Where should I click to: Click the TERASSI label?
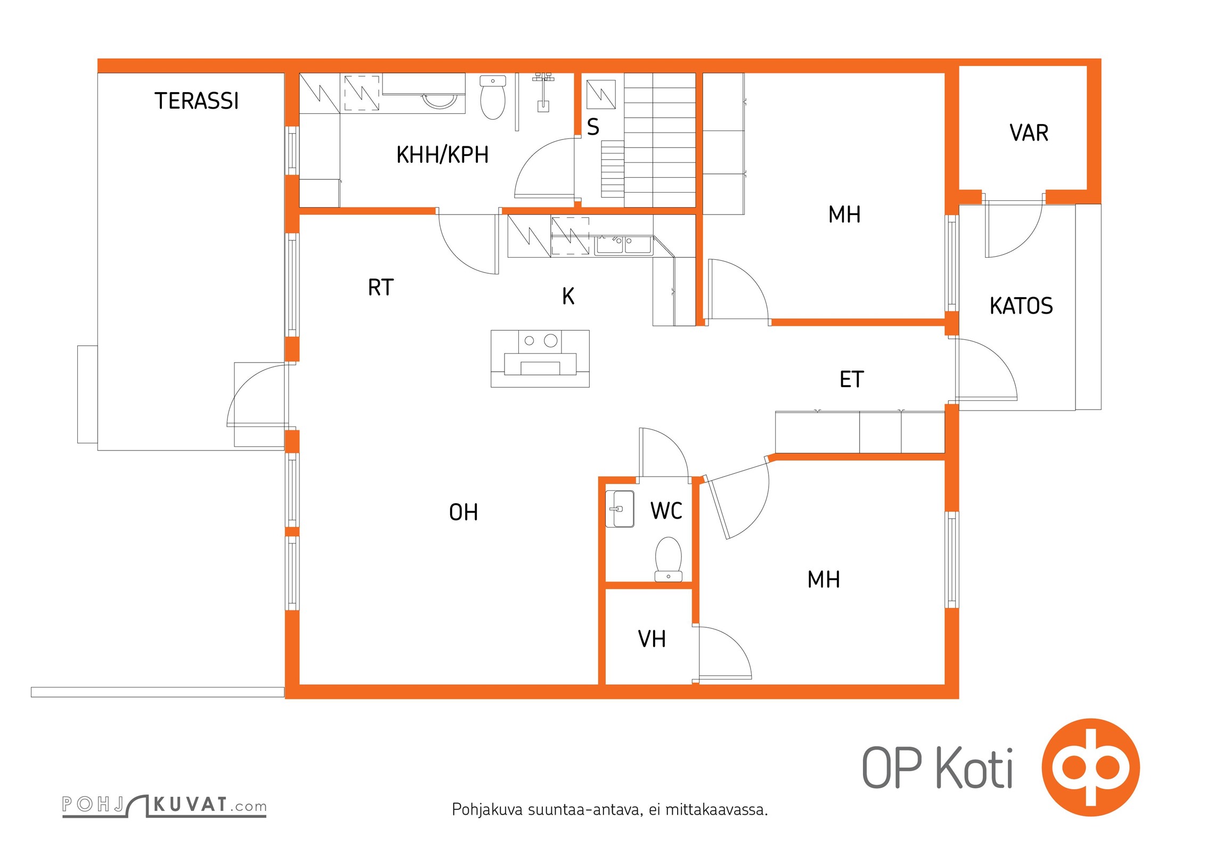(197, 101)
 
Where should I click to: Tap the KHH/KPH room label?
(442, 155)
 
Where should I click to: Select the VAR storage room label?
(1029, 133)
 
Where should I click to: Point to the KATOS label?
(1021, 306)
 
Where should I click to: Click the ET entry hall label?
(851, 380)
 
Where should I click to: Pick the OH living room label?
(463, 512)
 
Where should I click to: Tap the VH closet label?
(652, 639)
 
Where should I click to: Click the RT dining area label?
(380, 288)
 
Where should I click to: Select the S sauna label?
(593, 127)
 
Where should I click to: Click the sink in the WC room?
(620, 509)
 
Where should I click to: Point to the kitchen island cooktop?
(540, 341)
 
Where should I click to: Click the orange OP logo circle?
(1090, 767)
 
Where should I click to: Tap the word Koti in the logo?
(974, 768)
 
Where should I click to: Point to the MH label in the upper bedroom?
(844, 215)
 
